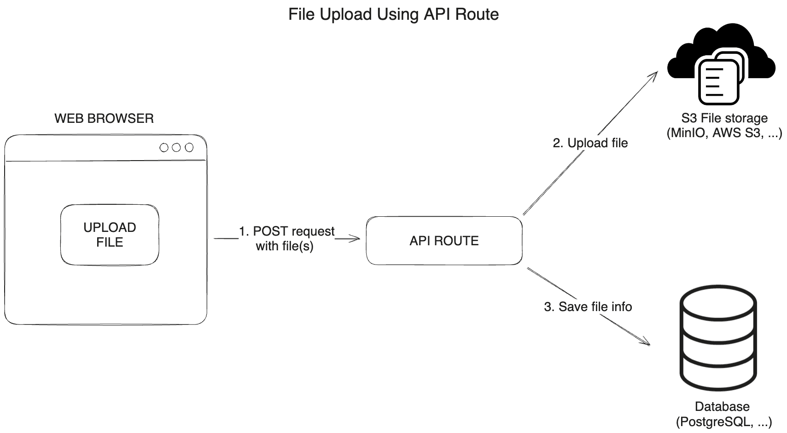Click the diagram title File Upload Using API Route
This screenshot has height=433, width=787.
[x=393, y=14]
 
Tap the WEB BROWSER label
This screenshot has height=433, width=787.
[x=104, y=118]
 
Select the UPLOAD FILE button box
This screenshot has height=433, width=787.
[x=110, y=235]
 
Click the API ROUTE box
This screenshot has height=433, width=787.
[x=444, y=241]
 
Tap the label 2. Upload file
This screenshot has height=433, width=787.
[x=590, y=143]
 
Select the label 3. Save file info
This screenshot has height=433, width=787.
[x=588, y=307]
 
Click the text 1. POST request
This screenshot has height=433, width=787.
[x=286, y=231]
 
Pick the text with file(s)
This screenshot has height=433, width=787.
[x=284, y=246]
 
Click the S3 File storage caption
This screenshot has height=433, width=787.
[x=724, y=118]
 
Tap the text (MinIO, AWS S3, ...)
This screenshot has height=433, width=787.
[x=724, y=133]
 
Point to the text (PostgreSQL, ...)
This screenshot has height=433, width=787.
[x=723, y=421]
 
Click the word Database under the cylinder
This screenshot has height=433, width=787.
[x=722, y=406]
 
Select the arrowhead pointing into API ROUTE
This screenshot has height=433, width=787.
[x=356, y=238]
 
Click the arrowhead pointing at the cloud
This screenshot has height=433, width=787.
[x=654, y=76]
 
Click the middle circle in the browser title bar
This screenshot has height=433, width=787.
[x=176, y=148]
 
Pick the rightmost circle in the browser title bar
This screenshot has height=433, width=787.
[x=189, y=148]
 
